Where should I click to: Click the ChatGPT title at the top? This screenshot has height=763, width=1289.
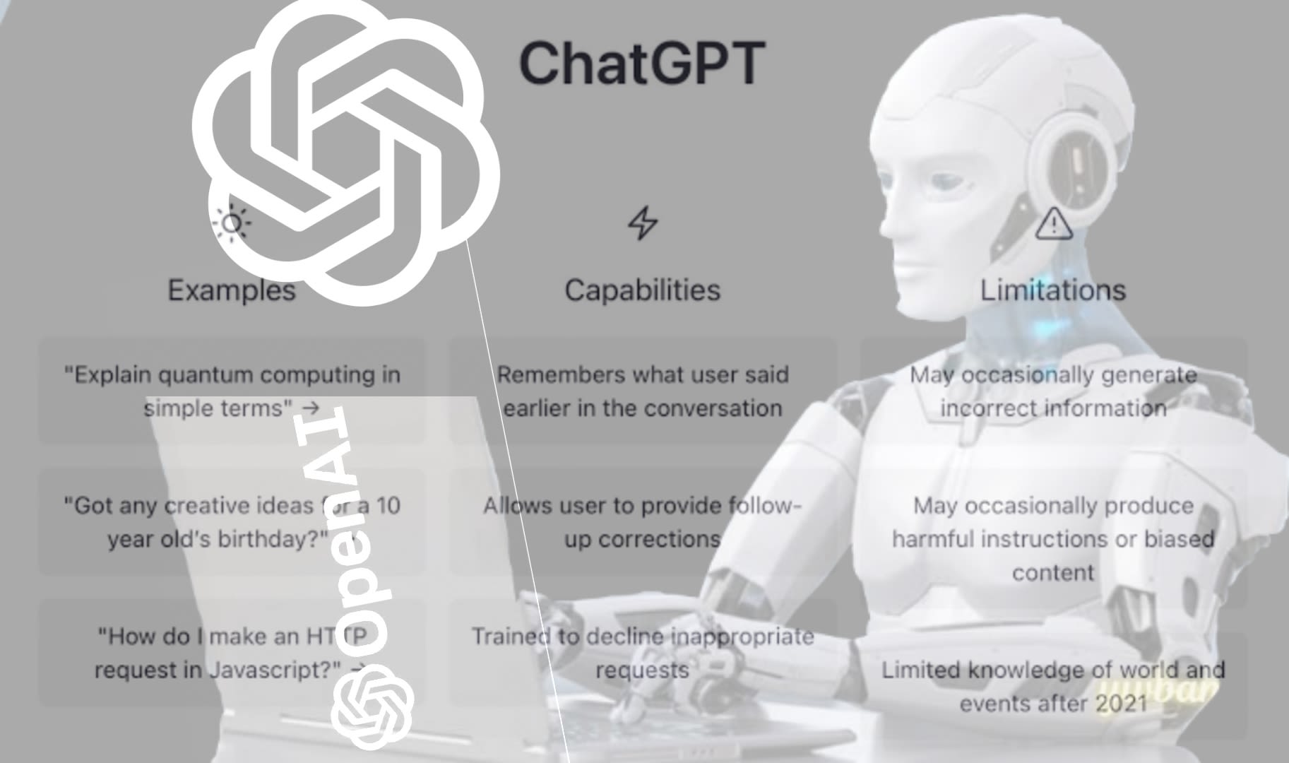641,64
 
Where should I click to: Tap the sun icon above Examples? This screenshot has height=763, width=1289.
231,223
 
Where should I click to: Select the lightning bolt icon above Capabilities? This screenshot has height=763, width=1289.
642,223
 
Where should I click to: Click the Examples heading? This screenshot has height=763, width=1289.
231,290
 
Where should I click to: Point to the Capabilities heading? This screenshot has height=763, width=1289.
642,290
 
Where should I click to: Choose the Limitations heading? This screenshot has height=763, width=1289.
1052,290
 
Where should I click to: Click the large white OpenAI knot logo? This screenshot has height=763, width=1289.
346,152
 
